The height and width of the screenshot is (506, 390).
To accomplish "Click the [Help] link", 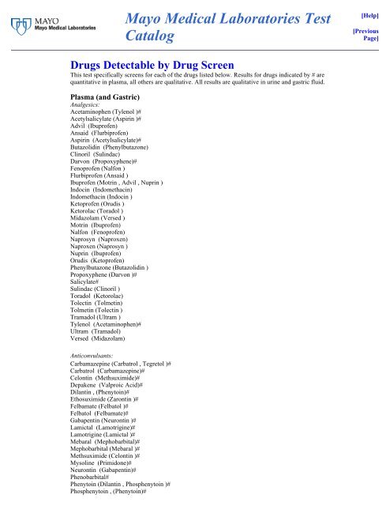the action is pyautogui.click(x=373, y=15).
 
